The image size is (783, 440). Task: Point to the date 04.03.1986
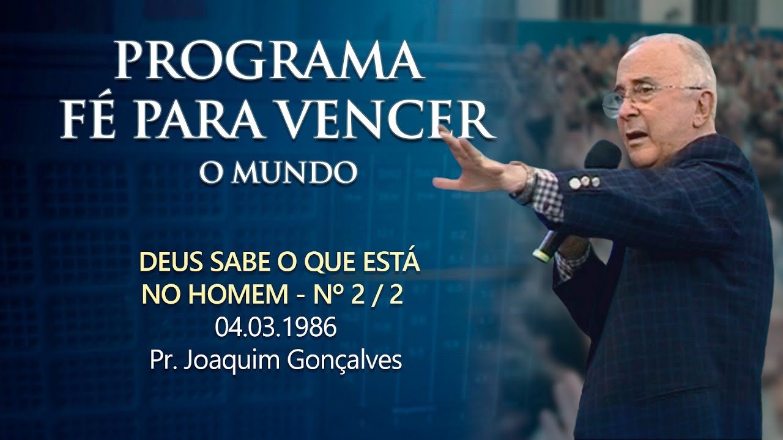(x=275, y=329)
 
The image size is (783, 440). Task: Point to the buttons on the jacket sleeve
(x=585, y=181)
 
